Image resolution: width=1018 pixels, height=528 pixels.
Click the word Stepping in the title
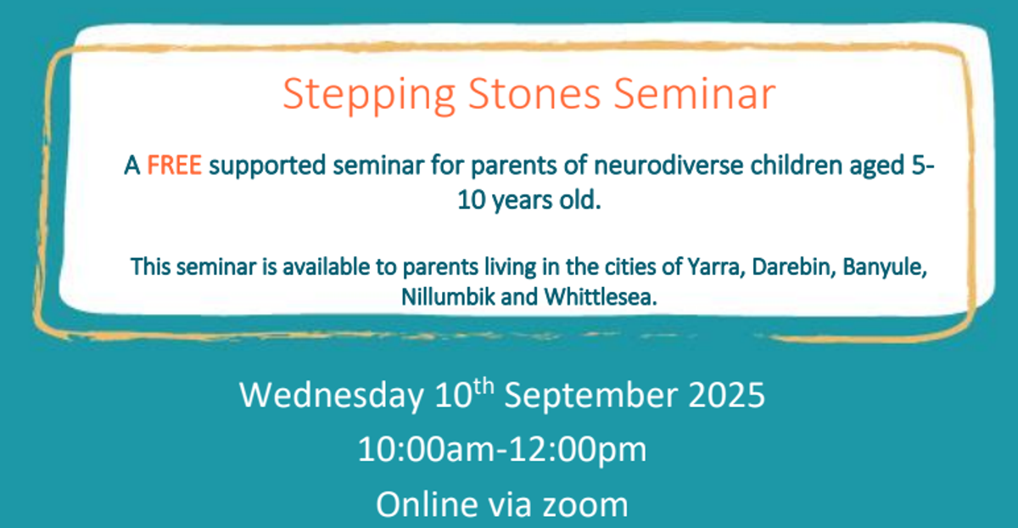tap(369, 94)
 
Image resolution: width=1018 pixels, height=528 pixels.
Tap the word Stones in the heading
tap(534, 93)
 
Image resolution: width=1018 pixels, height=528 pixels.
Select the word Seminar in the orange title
tap(695, 93)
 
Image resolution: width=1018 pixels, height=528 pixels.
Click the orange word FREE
tap(174, 165)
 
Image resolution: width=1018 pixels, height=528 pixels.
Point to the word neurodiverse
tap(668, 165)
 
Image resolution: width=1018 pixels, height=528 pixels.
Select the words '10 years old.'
tap(529, 200)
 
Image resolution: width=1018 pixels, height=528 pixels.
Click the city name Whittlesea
tap(601, 297)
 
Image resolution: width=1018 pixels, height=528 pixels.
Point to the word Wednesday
tap(332, 396)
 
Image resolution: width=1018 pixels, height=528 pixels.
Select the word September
tap(590, 396)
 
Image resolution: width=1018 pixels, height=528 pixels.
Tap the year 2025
tap(727, 395)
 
